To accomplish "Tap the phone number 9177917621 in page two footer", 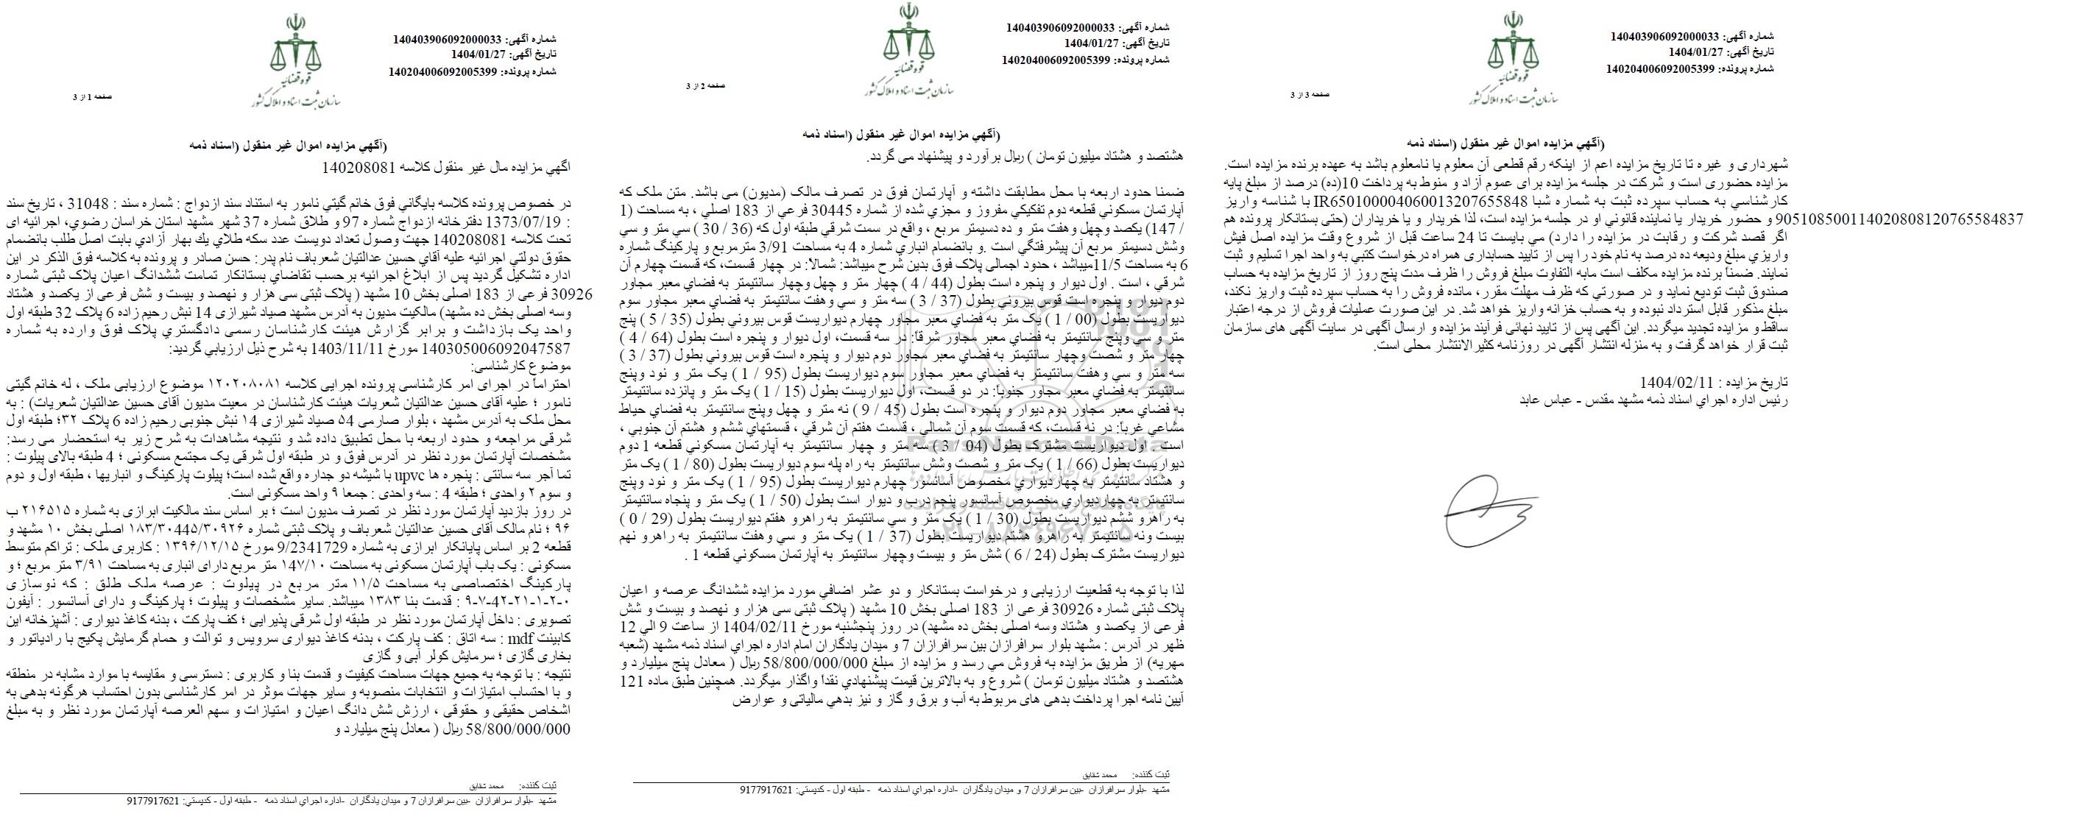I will (766, 790).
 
